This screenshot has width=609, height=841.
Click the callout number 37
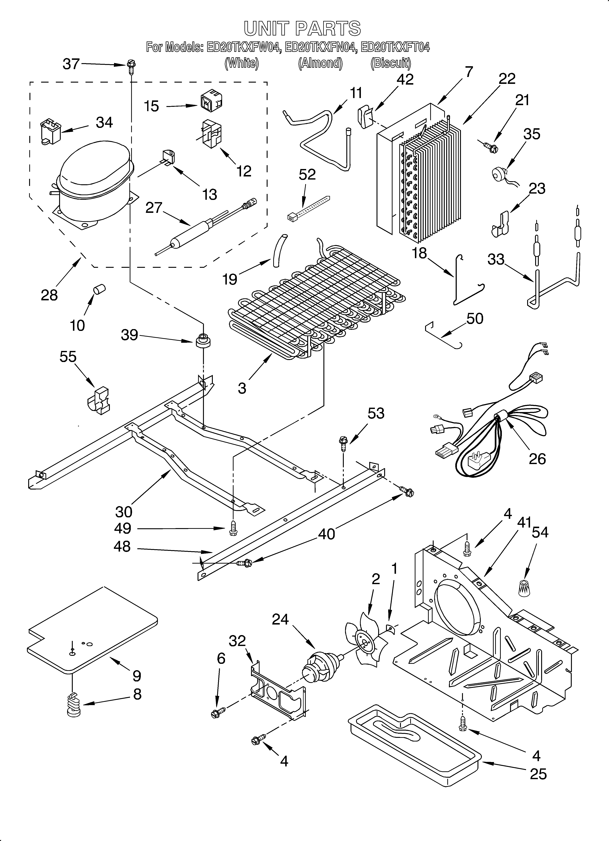pyautogui.click(x=71, y=64)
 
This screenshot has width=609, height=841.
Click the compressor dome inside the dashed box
pyautogui.click(x=95, y=167)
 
